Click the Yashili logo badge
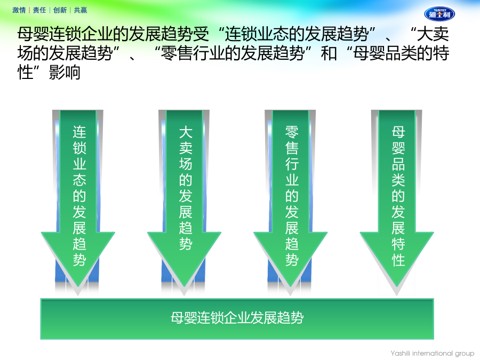click(x=439, y=14)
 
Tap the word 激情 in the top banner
click(x=19, y=10)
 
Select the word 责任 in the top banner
click(x=39, y=10)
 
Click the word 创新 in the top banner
click(x=60, y=10)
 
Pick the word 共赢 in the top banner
click(x=81, y=10)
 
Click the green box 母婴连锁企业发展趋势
click(x=237, y=319)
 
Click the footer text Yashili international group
click(x=432, y=353)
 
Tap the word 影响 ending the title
click(x=65, y=73)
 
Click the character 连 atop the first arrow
click(x=79, y=132)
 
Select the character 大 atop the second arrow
click(x=186, y=132)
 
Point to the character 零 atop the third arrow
click(x=292, y=132)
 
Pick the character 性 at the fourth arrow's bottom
click(x=398, y=260)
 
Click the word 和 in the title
click(x=329, y=53)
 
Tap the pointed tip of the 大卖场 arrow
click(x=185, y=287)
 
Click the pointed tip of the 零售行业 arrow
click(x=291, y=287)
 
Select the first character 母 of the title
click(x=25, y=34)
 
